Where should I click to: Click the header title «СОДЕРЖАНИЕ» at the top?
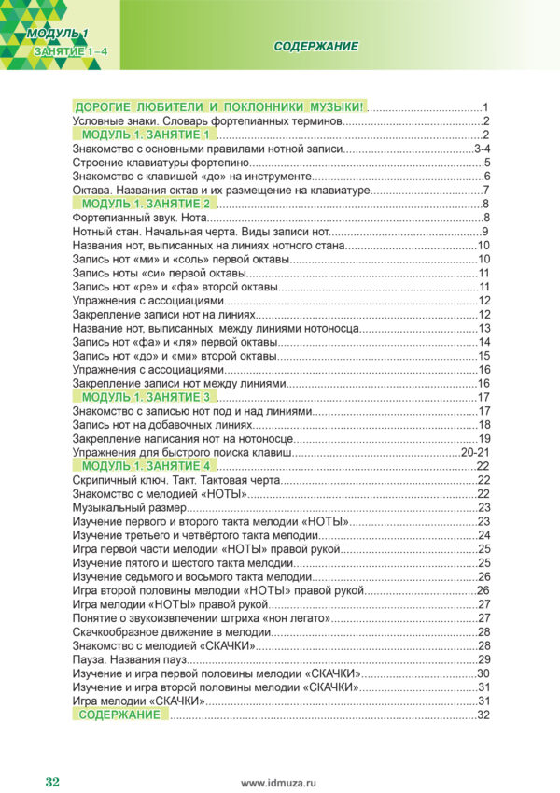(x=317, y=47)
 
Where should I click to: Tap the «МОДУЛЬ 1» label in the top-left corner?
(x=57, y=35)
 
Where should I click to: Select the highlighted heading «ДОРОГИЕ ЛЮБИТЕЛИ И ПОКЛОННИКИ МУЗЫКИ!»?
(x=220, y=107)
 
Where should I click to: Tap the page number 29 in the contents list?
(x=484, y=659)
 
